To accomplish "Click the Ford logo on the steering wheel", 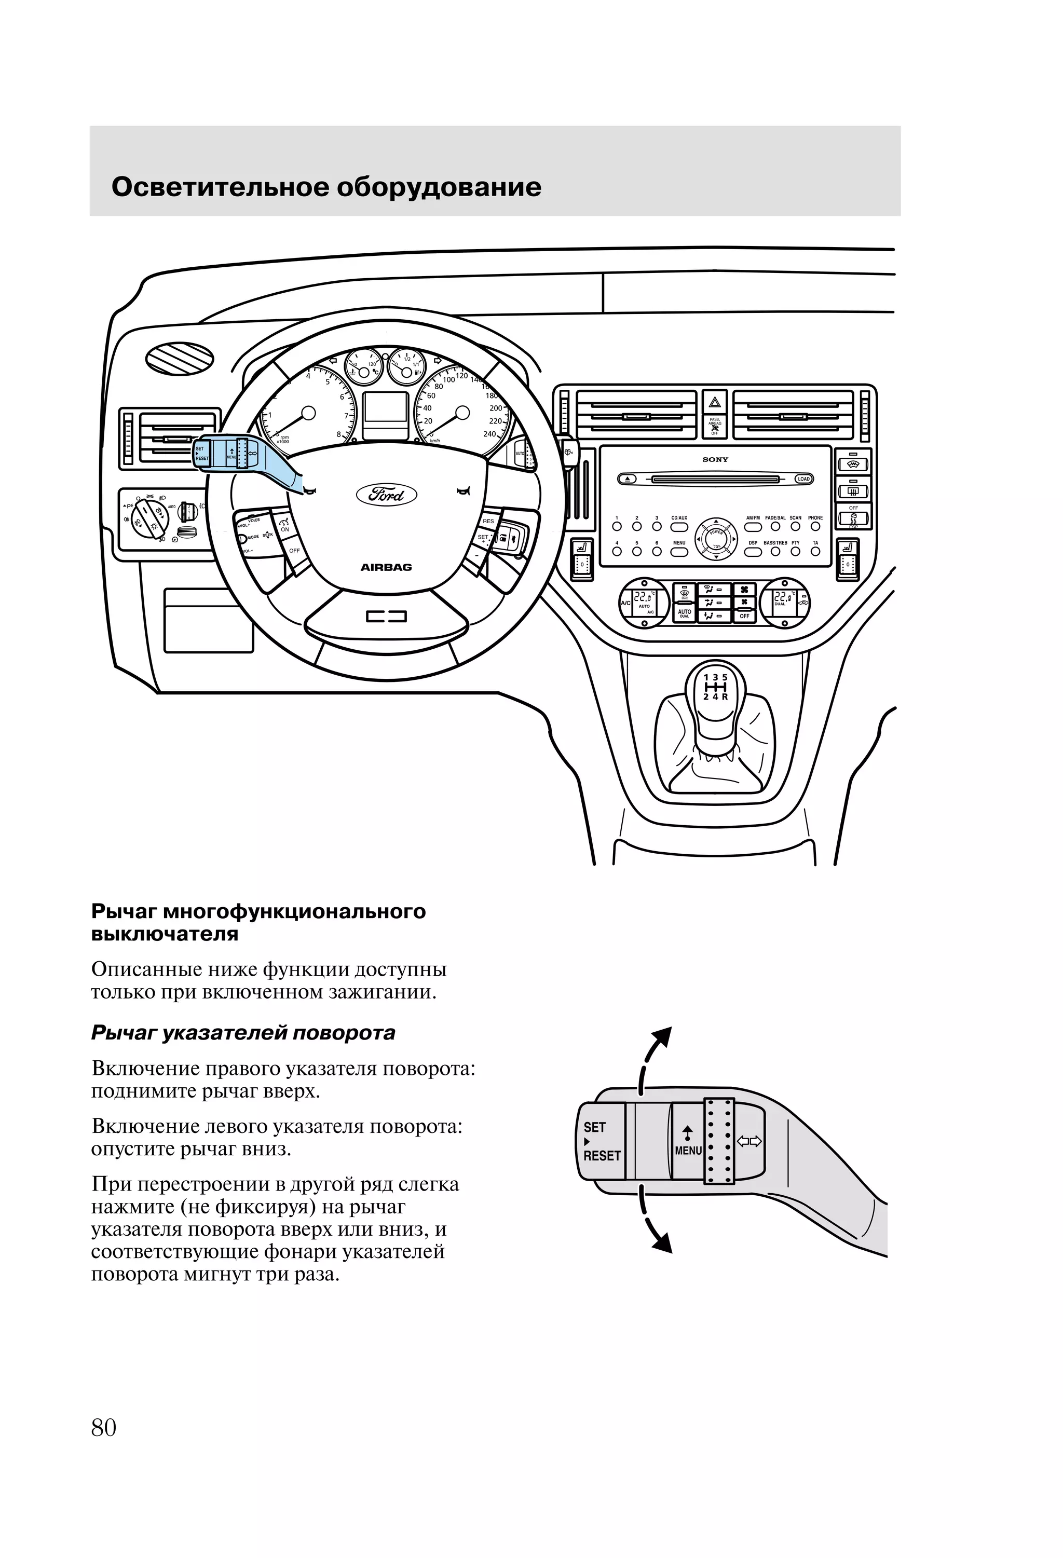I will pos(386,495).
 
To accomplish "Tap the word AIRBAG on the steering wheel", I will pos(386,567).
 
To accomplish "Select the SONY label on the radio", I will pos(715,460).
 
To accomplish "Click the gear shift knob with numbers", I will pos(715,694).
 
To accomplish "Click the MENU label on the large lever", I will pos(688,1151).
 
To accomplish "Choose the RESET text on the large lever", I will pos(602,1155).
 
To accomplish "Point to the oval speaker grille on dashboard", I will pos(180,359).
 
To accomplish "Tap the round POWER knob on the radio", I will pos(716,538).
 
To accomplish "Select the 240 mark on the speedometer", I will pos(489,434).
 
